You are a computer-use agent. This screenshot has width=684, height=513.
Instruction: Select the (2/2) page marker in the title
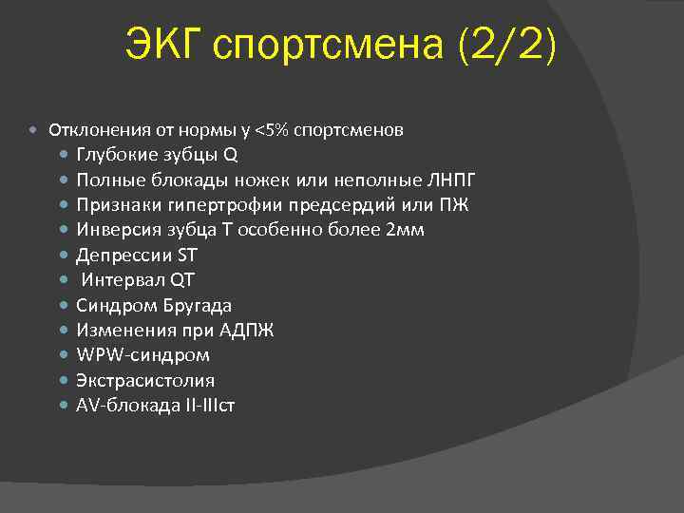click(x=508, y=46)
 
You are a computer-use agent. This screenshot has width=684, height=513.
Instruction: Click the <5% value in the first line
click(x=272, y=129)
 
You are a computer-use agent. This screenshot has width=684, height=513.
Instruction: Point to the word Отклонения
click(x=94, y=129)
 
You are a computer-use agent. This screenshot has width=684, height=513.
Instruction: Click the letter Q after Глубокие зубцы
click(x=230, y=154)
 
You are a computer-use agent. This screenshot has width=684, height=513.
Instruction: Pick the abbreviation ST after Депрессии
click(x=188, y=255)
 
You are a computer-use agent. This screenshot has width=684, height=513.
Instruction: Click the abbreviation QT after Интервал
click(x=182, y=280)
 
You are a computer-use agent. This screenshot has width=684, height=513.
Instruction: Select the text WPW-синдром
click(x=143, y=354)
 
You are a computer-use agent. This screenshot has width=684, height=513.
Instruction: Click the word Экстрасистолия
click(x=145, y=380)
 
